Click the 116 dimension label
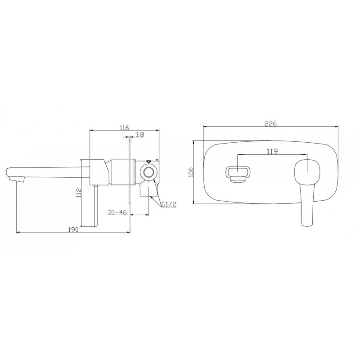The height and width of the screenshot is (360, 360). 124,127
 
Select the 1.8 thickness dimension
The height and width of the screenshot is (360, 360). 140,134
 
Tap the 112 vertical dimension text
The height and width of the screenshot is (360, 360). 79,193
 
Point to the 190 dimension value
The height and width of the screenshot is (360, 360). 73,229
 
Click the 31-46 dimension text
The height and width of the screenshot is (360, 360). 117,212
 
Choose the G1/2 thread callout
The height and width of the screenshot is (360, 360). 169,204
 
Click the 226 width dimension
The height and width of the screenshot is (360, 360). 271,124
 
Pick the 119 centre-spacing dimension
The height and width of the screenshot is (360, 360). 272,152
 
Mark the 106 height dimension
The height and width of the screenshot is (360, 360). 191,172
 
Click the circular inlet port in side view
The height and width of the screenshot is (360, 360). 148,172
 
